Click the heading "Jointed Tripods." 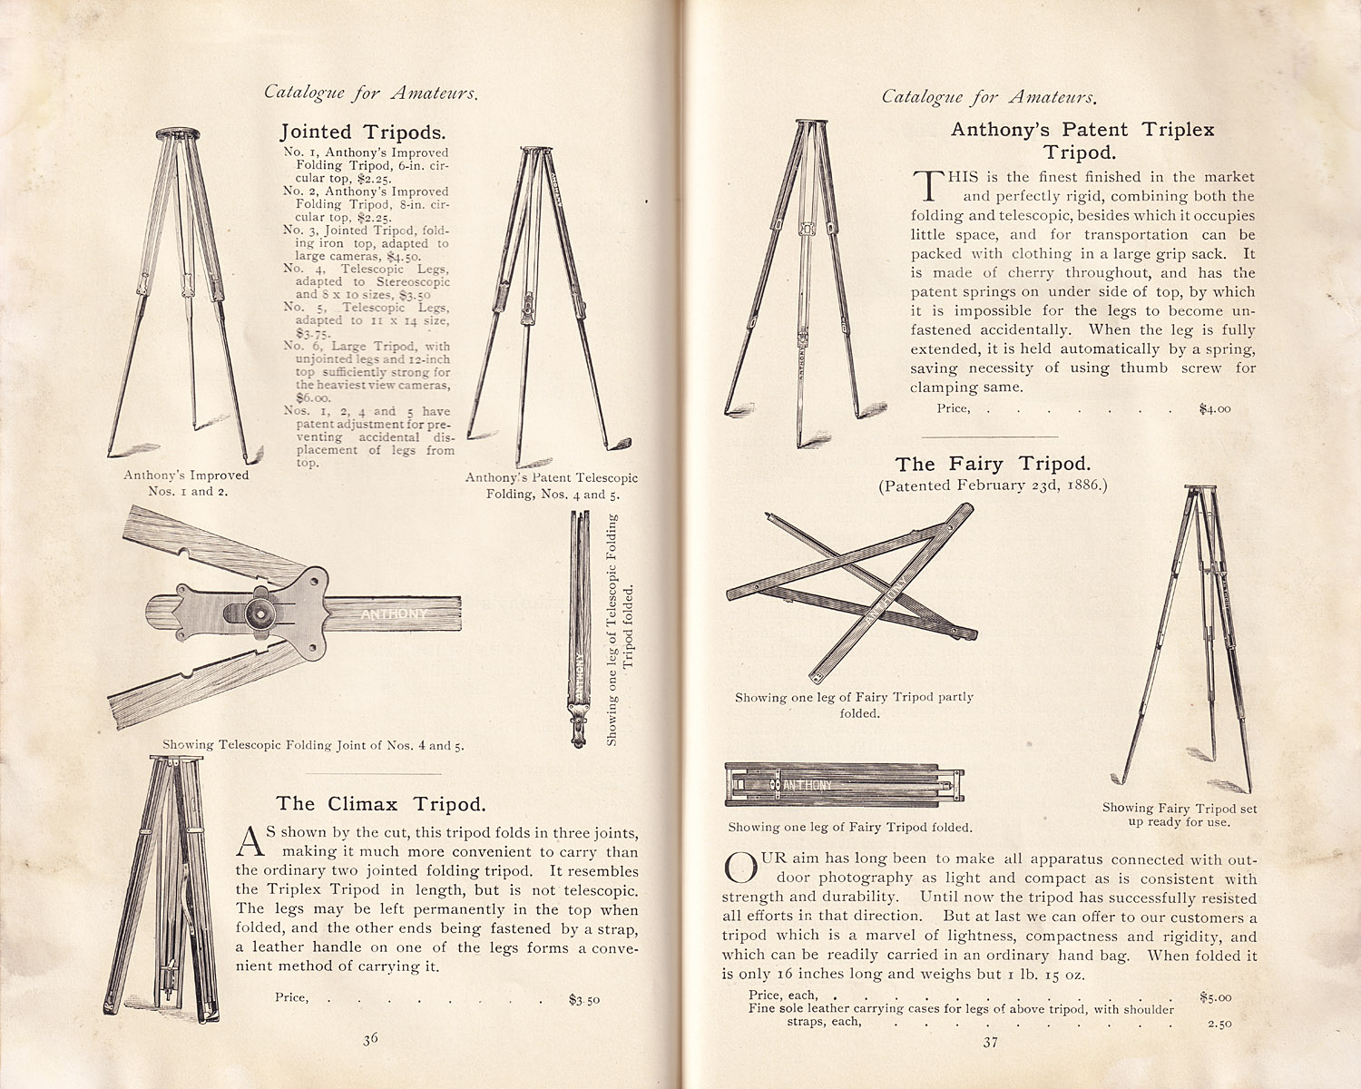pyautogui.click(x=363, y=132)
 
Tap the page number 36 pyautogui.click(x=370, y=1039)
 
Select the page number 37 pyautogui.click(x=991, y=1042)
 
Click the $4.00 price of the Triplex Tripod pyautogui.click(x=1215, y=408)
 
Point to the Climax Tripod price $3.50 pyautogui.click(x=583, y=1000)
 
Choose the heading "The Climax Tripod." pyautogui.click(x=381, y=804)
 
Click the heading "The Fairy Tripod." pyautogui.click(x=993, y=464)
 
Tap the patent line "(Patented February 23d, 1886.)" pyautogui.click(x=993, y=486)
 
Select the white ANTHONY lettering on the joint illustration pyautogui.click(x=394, y=613)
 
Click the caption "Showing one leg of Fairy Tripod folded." pyautogui.click(x=850, y=827)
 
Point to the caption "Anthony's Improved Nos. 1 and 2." pyautogui.click(x=187, y=483)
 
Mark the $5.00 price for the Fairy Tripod pyautogui.click(x=1216, y=997)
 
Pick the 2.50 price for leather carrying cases pyautogui.click(x=1219, y=1024)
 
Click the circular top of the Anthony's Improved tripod pyautogui.click(x=178, y=134)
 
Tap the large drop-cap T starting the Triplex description pyautogui.click(x=928, y=185)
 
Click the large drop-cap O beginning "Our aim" pyautogui.click(x=740, y=868)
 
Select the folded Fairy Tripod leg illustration pyautogui.click(x=845, y=785)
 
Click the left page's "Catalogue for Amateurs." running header pyautogui.click(x=371, y=93)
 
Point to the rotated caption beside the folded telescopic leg pyautogui.click(x=619, y=630)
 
